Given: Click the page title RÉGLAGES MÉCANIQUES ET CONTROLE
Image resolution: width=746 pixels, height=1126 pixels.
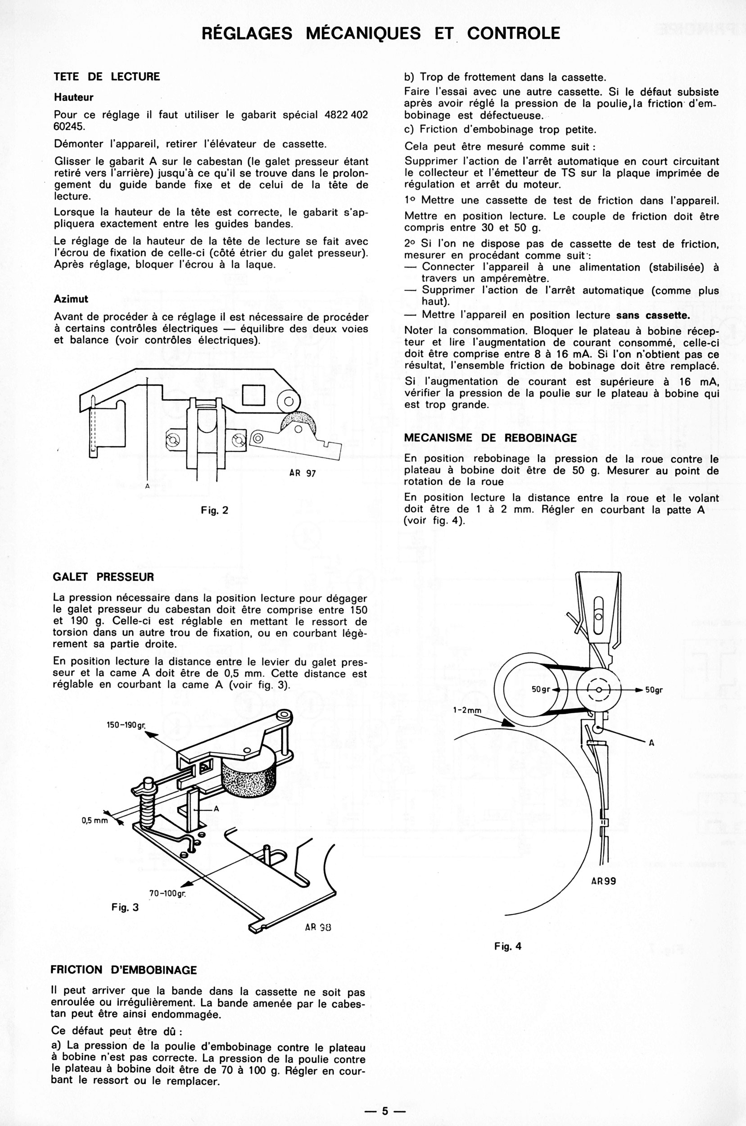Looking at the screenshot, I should tap(380, 33).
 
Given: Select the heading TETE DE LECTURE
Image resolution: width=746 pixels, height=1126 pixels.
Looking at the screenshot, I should tap(107, 77).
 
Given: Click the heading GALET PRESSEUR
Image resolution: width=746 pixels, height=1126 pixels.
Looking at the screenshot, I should tap(103, 577).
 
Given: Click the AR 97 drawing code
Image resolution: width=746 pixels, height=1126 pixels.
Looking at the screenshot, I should tap(302, 473).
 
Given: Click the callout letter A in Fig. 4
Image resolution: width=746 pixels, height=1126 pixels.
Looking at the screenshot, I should tap(651, 743).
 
